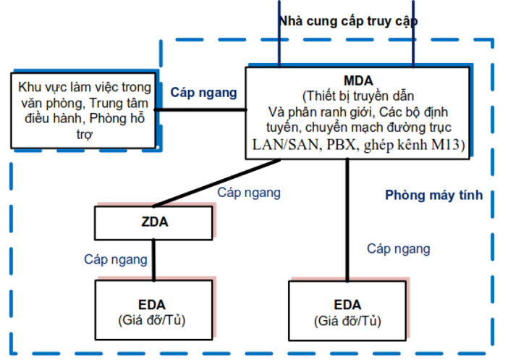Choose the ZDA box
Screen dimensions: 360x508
pyautogui.click(x=154, y=222)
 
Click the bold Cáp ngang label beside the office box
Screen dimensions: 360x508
pyautogui.click(x=203, y=93)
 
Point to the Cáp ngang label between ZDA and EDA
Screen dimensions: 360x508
pyautogui.click(x=115, y=259)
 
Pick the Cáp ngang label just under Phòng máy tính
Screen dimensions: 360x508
pyautogui.click(x=398, y=249)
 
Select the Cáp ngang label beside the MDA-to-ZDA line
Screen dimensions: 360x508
pyautogui.click(x=249, y=193)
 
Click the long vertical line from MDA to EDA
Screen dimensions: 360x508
pyautogui.click(x=348, y=217)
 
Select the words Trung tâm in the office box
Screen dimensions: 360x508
pyautogui.click(x=127, y=102)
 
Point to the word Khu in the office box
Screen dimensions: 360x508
pyautogui.click(x=30, y=88)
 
